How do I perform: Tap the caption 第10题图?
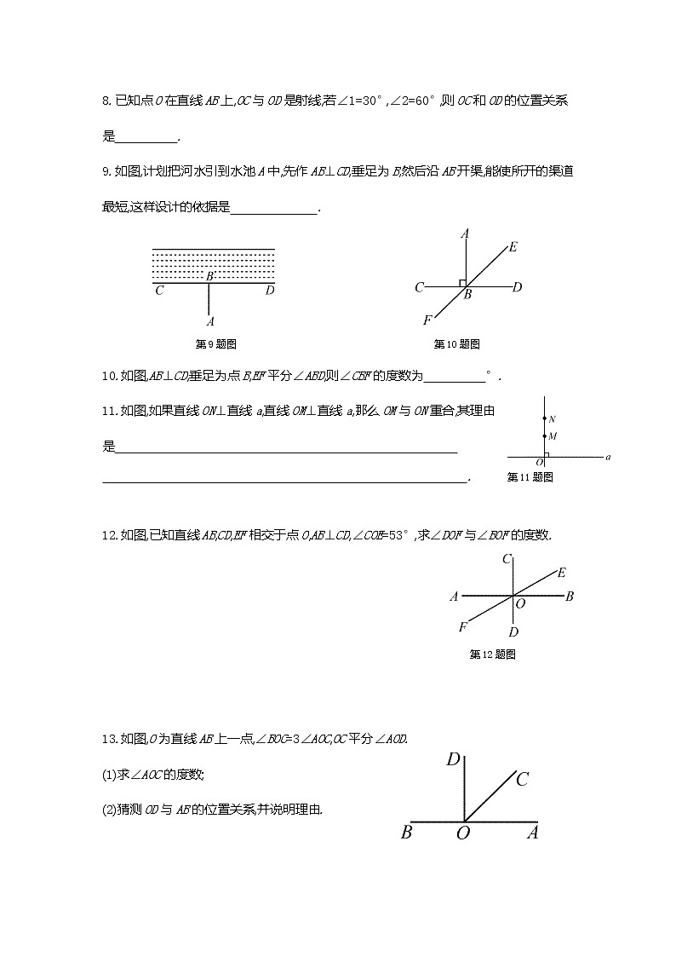(x=457, y=344)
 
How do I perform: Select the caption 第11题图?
(x=530, y=477)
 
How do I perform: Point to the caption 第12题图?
(x=493, y=654)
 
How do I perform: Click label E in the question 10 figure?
(x=513, y=247)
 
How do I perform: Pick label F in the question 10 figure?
(x=427, y=320)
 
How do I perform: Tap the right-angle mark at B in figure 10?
(x=461, y=282)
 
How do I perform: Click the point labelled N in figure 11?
(x=545, y=418)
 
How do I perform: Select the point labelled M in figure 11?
(x=545, y=435)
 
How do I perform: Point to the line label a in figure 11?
(x=608, y=458)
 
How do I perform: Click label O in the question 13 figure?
(x=463, y=833)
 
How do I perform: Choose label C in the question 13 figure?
(x=523, y=779)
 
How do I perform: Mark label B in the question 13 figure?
(x=406, y=833)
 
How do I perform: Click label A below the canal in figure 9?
(x=209, y=321)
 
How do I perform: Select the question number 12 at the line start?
(x=109, y=535)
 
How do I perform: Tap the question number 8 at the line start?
(x=106, y=101)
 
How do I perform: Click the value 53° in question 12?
(x=398, y=535)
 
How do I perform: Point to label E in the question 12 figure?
(x=562, y=573)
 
